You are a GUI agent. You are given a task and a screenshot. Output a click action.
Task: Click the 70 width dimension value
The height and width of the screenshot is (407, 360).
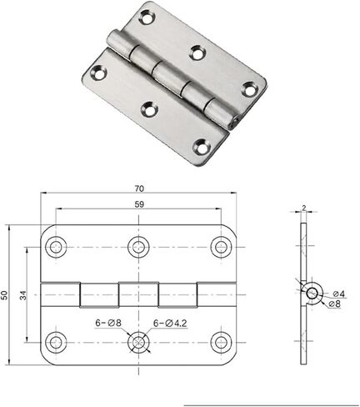click(x=139, y=188)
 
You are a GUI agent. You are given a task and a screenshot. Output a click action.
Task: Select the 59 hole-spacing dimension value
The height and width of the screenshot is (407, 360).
click(x=139, y=204)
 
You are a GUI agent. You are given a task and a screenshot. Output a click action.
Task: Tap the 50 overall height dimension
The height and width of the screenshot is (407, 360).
click(x=4, y=295)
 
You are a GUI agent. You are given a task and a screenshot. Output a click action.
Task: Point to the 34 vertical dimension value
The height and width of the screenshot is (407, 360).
click(x=23, y=295)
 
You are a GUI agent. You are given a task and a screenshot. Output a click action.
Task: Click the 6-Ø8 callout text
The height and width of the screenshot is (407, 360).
click(x=108, y=323)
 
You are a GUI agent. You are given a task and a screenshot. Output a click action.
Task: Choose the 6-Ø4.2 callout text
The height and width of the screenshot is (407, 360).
click(x=170, y=323)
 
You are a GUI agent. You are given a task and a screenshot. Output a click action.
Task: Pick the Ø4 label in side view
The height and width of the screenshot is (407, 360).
click(x=339, y=294)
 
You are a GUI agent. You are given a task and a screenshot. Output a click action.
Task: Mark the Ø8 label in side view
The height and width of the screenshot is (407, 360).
click(x=334, y=304)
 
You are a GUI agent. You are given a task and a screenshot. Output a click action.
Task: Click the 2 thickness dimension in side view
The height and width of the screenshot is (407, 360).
click(x=303, y=208)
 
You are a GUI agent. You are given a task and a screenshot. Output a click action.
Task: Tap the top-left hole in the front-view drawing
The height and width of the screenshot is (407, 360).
click(x=56, y=247)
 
